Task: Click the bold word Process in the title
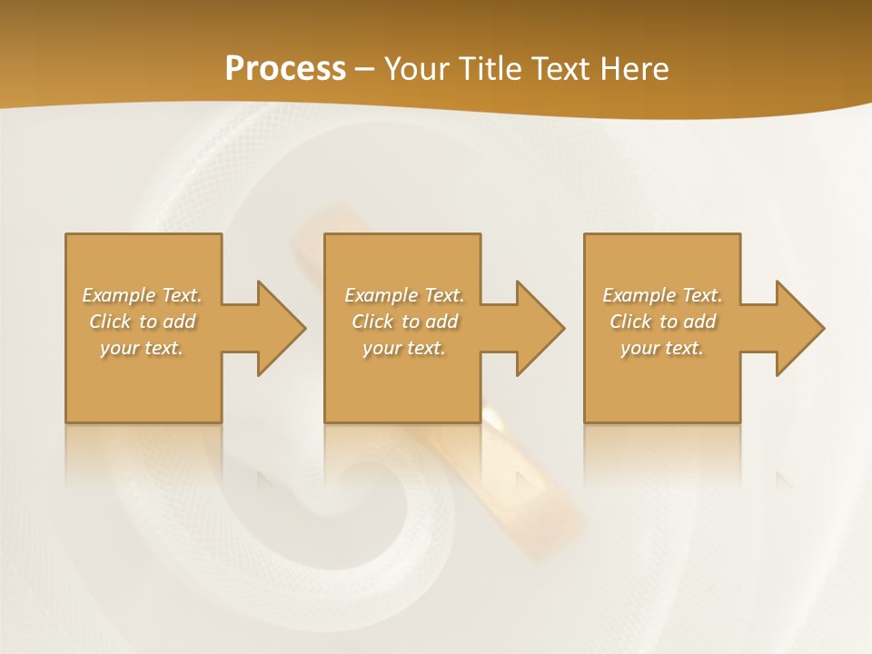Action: (x=285, y=69)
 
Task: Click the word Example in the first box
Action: (x=119, y=295)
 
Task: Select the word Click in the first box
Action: (x=110, y=322)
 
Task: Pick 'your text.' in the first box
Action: (x=142, y=348)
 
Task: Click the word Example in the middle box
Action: (x=381, y=295)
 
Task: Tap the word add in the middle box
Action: (x=441, y=322)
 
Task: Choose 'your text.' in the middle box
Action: (x=403, y=348)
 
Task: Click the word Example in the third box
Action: (x=639, y=295)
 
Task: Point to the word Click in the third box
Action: (x=630, y=322)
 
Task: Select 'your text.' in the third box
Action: (x=662, y=348)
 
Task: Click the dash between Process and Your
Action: (x=364, y=69)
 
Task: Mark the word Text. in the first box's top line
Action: (x=182, y=295)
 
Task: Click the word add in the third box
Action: (x=699, y=322)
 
